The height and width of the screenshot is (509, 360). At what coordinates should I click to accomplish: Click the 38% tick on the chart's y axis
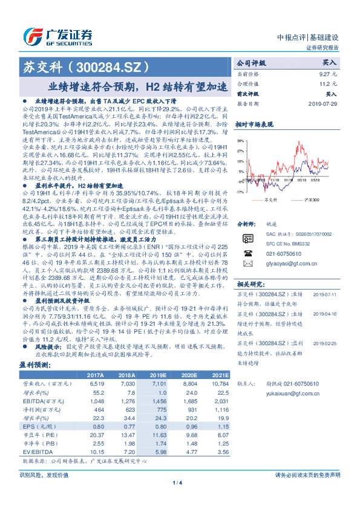(x=241, y=140)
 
